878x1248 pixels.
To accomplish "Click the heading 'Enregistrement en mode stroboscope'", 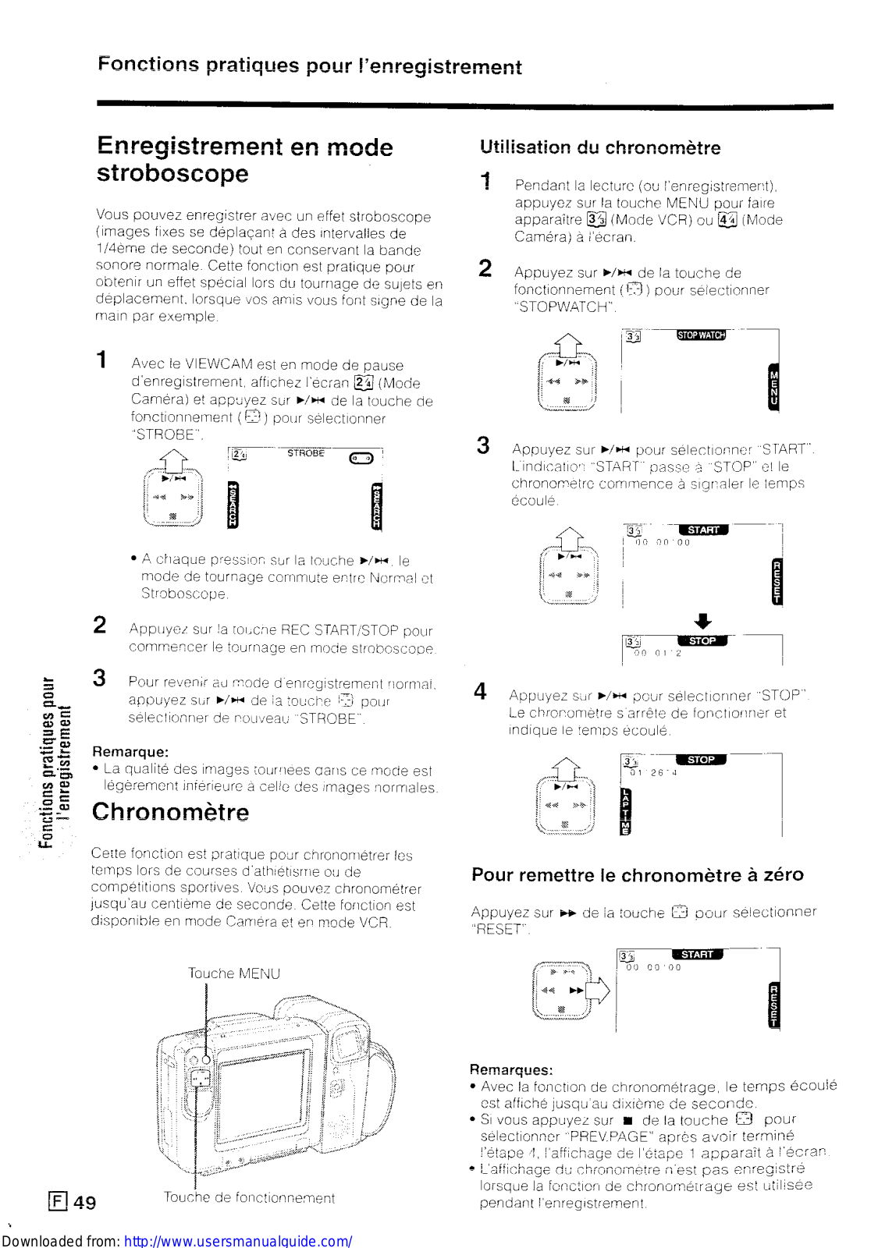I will pyautogui.click(x=244, y=159).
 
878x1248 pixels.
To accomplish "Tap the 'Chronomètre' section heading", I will pyautogui.click(x=171, y=812).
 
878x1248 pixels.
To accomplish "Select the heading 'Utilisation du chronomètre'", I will pyautogui.click(x=599, y=147).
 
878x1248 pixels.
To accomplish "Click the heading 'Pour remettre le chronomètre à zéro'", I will pyautogui.click(x=637, y=874).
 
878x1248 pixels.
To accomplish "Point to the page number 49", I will pyautogui.click(x=84, y=1202).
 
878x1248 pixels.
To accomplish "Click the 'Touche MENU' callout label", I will pyautogui.click(x=233, y=973).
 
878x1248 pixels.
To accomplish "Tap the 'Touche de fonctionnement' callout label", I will pyautogui.click(x=249, y=1197).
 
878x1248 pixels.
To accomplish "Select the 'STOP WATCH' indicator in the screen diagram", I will pyautogui.click(x=701, y=335).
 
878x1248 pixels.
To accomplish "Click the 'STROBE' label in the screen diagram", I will pyautogui.click(x=305, y=453).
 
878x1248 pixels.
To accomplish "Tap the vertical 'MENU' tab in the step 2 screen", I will pyautogui.click(x=773, y=388).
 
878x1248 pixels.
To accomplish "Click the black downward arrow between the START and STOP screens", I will pyautogui.click(x=702, y=621).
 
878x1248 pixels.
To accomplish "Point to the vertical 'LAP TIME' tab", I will pyautogui.click(x=624, y=812).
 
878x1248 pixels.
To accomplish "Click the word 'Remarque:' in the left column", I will pyautogui.click(x=130, y=752).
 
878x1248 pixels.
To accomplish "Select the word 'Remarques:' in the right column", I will pyautogui.click(x=511, y=1069).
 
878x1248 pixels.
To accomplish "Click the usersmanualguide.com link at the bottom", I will pyautogui.click(x=238, y=1240).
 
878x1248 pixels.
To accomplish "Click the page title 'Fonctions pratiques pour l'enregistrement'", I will pyautogui.click(x=310, y=66).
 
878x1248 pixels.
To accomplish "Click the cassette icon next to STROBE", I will pyautogui.click(x=361, y=458).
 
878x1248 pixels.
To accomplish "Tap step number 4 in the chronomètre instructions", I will pyautogui.click(x=480, y=692).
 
